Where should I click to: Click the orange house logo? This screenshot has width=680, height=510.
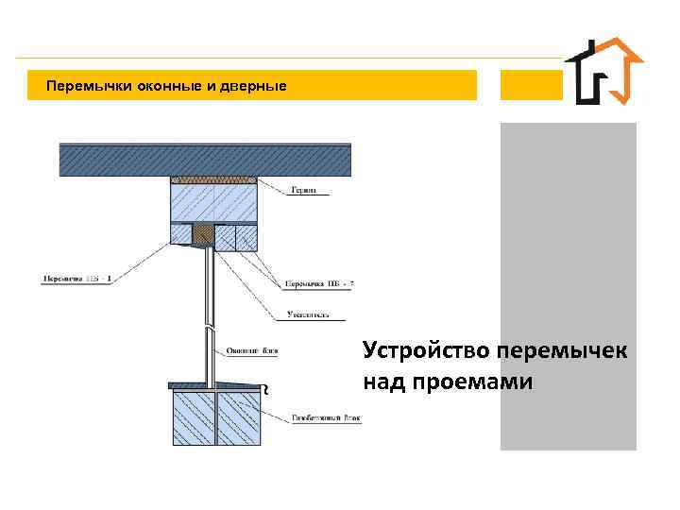603,72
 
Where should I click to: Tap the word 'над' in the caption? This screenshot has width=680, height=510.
380,382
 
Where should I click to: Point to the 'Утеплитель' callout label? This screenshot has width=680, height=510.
307,313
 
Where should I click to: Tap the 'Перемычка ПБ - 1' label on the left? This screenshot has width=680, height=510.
76,279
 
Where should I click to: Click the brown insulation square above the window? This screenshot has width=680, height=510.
203,232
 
